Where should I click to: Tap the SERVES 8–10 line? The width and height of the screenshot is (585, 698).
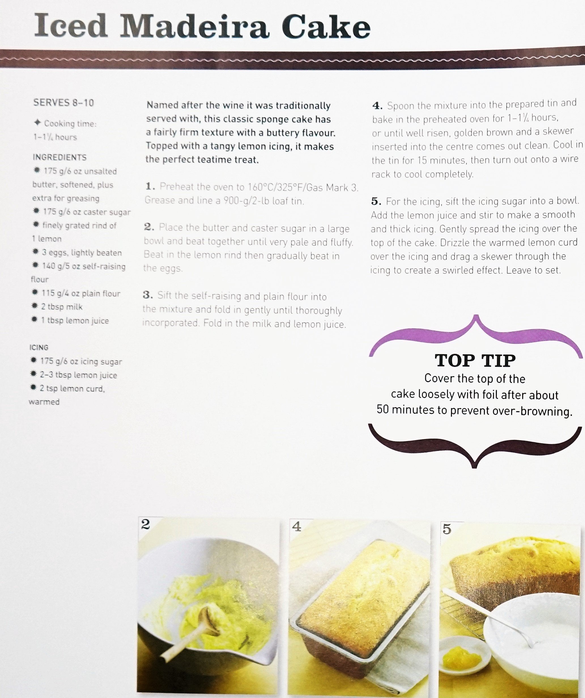(x=63, y=103)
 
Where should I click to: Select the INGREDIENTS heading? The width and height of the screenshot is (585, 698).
(x=59, y=157)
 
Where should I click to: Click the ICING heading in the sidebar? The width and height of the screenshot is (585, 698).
(x=39, y=347)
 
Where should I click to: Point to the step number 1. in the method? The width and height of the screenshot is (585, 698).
(x=150, y=186)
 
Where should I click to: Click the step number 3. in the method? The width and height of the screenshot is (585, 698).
(x=148, y=295)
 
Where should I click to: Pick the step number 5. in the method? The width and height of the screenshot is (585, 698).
(x=376, y=201)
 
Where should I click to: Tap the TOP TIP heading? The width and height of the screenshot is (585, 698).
(x=475, y=361)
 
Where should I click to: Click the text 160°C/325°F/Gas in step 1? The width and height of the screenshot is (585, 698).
(x=286, y=188)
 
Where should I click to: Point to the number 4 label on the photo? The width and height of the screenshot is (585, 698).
(x=297, y=526)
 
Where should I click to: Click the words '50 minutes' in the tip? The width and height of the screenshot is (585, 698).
(x=405, y=410)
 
